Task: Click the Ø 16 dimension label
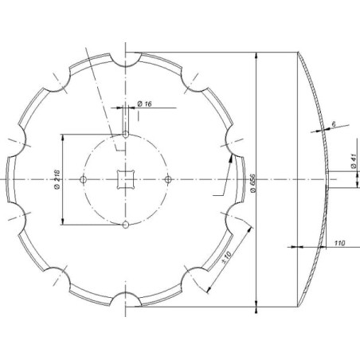145,104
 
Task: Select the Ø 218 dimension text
57,179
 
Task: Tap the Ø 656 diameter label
252,183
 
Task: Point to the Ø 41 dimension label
354,161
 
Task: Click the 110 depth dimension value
339,243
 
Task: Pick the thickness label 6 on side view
334,123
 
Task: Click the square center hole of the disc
126,180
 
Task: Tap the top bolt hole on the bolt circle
126,135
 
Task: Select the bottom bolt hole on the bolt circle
126,225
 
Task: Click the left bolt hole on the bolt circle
83,180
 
